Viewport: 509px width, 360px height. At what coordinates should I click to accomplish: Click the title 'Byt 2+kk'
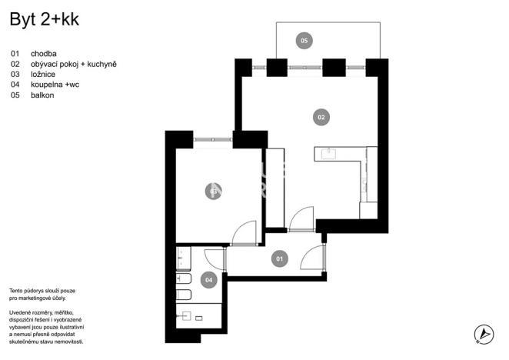pos(44,20)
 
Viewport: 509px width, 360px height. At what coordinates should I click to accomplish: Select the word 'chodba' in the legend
pos(45,54)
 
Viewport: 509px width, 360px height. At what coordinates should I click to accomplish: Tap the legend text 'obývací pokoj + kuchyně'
pos(74,65)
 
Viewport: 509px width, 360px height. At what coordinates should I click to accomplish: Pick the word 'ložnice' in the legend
pos(44,75)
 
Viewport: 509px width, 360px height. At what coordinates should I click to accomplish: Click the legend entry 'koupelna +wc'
pos(55,85)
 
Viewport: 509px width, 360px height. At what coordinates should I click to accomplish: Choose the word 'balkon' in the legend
pos(44,95)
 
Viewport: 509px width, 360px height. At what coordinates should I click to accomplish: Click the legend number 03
pos(15,75)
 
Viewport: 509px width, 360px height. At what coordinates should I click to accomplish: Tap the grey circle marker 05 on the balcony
pos(304,40)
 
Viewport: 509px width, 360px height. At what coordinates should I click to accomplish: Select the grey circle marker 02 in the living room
pos(321,118)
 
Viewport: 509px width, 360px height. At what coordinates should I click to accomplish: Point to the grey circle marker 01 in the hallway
pos(281,259)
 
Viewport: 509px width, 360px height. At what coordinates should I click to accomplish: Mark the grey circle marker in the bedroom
pos(213,191)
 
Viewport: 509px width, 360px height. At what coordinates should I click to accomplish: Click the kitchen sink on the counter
pos(329,152)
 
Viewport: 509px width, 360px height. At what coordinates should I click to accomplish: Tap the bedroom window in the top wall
pos(213,139)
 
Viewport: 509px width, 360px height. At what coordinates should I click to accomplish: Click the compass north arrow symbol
pos(483,335)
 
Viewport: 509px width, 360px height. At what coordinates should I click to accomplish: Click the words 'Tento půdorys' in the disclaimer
pos(28,288)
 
